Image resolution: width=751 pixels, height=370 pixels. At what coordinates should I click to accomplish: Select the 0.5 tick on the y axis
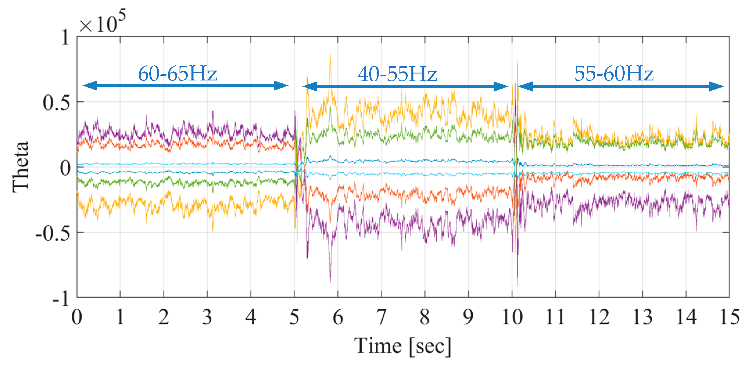pyautogui.click(x=57, y=103)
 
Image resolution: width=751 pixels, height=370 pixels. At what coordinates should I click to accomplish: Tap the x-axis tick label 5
pyautogui.click(x=294, y=317)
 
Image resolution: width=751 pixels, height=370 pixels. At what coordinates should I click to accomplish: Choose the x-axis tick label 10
pyautogui.click(x=512, y=317)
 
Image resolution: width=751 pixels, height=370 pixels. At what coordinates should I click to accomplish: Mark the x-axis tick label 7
pyautogui.click(x=381, y=317)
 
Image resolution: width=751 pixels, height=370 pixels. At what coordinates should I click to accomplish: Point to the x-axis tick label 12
pyautogui.click(x=599, y=317)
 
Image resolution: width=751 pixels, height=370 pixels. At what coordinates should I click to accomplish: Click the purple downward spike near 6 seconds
pyautogui.click(x=330, y=280)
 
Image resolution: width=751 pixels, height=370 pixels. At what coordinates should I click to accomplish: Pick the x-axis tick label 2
pyautogui.click(x=164, y=317)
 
